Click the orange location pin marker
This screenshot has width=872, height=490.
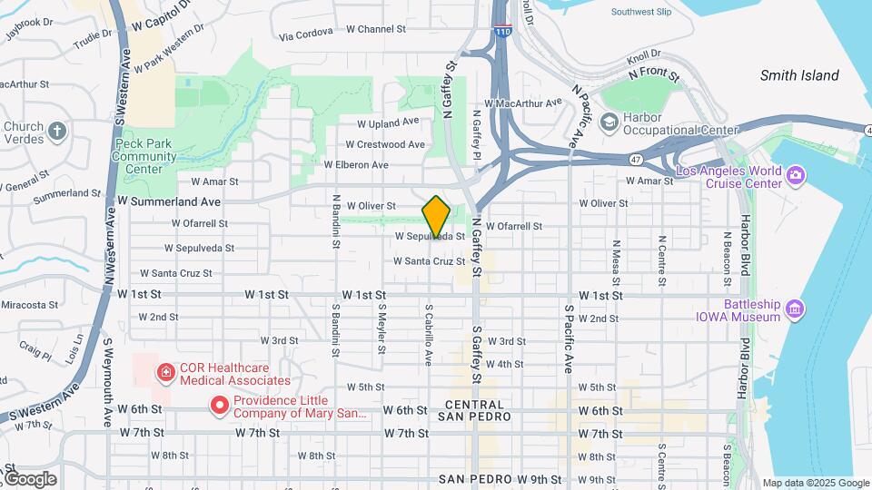436,217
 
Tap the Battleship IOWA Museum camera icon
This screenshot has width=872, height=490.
796,309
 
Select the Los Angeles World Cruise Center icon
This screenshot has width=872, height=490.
796,174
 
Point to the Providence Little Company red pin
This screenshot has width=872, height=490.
219,406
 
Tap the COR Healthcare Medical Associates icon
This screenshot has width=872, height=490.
165,372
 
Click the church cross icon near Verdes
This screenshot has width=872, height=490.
57,132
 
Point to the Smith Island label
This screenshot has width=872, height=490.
799,75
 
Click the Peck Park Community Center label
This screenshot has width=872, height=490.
144,156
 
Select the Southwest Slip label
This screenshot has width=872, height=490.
641,13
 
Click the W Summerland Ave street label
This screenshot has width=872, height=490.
169,201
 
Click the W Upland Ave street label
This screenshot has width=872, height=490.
388,122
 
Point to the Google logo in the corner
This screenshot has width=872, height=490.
29,479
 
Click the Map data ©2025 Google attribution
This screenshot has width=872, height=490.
815,483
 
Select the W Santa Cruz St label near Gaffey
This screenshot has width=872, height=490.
429,261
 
